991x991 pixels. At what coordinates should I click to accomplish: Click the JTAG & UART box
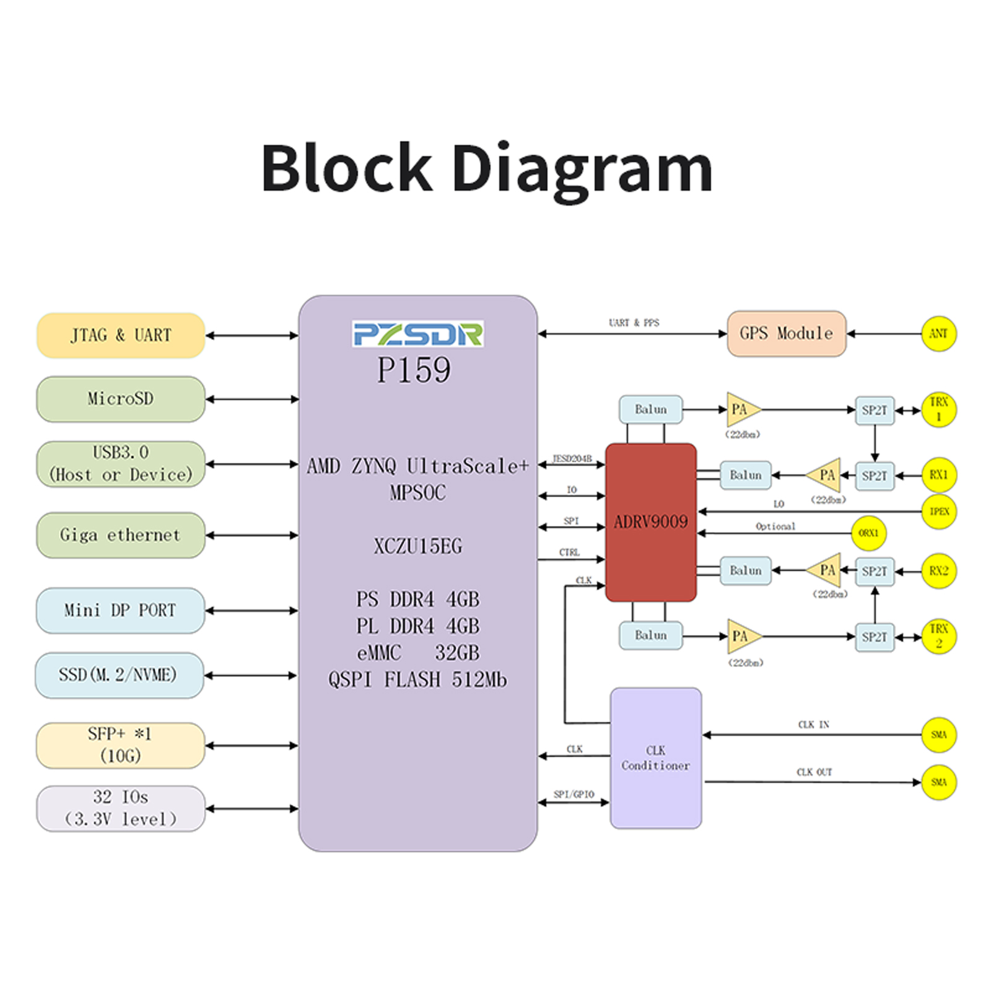tap(121, 335)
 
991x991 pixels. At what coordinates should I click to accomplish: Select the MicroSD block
tap(121, 399)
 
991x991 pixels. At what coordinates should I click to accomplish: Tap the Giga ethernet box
tap(121, 535)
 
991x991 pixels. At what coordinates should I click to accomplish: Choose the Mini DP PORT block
tap(121, 611)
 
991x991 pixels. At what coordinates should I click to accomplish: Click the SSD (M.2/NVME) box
tap(120, 675)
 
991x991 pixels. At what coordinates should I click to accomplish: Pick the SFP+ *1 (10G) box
tap(121, 745)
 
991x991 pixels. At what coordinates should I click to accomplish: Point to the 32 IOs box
tap(121, 808)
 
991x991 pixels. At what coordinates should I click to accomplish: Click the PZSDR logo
tap(418, 334)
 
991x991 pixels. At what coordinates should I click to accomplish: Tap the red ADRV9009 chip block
tap(651, 522)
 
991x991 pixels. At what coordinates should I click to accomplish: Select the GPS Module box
tap(787, 334)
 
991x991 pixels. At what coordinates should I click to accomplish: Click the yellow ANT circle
tap(939, 334)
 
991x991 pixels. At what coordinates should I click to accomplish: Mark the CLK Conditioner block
tap(656, 758)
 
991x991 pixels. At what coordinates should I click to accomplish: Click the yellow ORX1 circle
tap(868, 533)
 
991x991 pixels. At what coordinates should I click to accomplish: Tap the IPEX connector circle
tap(939, 512)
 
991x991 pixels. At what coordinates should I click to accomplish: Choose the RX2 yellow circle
tap(939, 571)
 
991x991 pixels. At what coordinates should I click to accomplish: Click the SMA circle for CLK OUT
tap(939, 782)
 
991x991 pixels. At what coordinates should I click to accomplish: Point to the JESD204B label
tap(572, 459)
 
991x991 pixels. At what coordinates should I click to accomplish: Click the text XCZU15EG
tap(418, 546)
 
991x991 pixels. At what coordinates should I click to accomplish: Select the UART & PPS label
tap(634, 323)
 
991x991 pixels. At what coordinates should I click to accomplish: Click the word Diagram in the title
tap(582, 168)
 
